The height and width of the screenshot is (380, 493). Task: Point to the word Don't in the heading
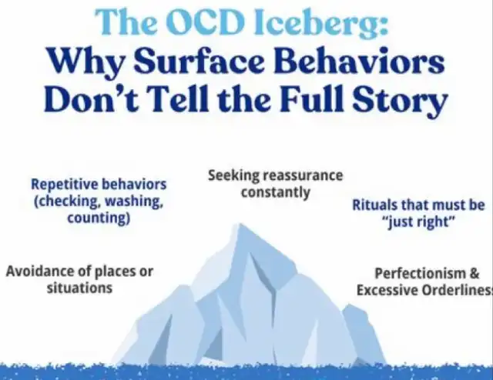click(91, 97)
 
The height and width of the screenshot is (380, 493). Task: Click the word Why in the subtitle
click(86, 63)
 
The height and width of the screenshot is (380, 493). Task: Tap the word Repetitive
click(65, 185)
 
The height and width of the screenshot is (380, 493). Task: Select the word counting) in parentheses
click(99, 218)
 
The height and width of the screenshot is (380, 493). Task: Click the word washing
click(134, 202)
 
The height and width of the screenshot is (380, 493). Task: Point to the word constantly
click(276, 192)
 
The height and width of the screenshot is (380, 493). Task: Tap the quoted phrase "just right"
click(418, 222)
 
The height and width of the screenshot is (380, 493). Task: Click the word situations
click(79, 288)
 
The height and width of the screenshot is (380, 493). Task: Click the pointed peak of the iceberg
click(240, 224)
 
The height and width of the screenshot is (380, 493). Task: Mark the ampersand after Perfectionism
click(475, 273)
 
